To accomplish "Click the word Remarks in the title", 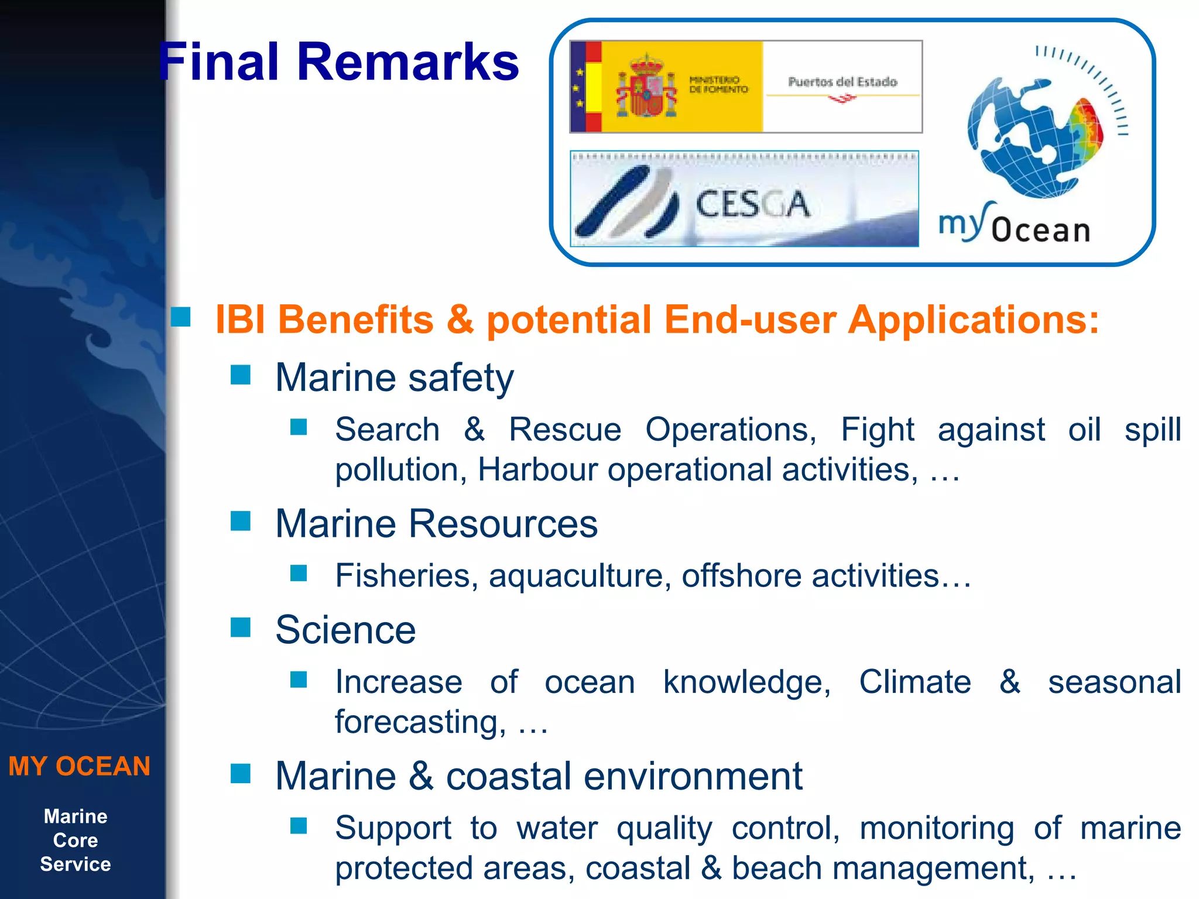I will (408, 62).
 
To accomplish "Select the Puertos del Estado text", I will (842, 82).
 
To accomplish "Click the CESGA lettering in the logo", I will (752, 204).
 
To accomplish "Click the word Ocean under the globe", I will (1041, 230).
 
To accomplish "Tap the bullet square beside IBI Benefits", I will (181, 317).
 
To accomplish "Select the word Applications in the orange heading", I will (973, 320).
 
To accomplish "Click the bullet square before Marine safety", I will (241, 375).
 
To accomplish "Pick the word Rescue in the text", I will (565, 430).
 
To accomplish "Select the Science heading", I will (345, 630).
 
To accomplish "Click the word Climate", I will (915, 682).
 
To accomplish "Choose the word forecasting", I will (420, 722).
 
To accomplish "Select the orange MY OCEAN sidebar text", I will (80, 766).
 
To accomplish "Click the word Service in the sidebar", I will (76, 864).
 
